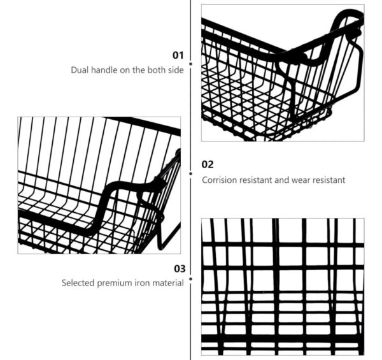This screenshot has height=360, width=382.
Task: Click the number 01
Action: (x=178, y=55)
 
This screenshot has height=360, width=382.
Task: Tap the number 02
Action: (x=208, y=164)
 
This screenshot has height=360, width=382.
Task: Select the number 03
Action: (x=180, y=269)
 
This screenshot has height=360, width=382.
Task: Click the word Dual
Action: (x=78, y=70)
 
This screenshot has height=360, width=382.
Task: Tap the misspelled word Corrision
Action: (x=220, y=180)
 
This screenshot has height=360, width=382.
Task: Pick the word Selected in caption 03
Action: (x=78, y=283)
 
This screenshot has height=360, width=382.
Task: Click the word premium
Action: (x=114, y=284)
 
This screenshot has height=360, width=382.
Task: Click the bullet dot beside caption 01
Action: (x=191, y=64)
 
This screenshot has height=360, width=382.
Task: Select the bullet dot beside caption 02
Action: (x=191, y=173)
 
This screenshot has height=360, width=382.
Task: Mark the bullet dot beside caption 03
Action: (x=191, y=279)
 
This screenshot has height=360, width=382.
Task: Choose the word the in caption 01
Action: (x=139, y=70)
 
